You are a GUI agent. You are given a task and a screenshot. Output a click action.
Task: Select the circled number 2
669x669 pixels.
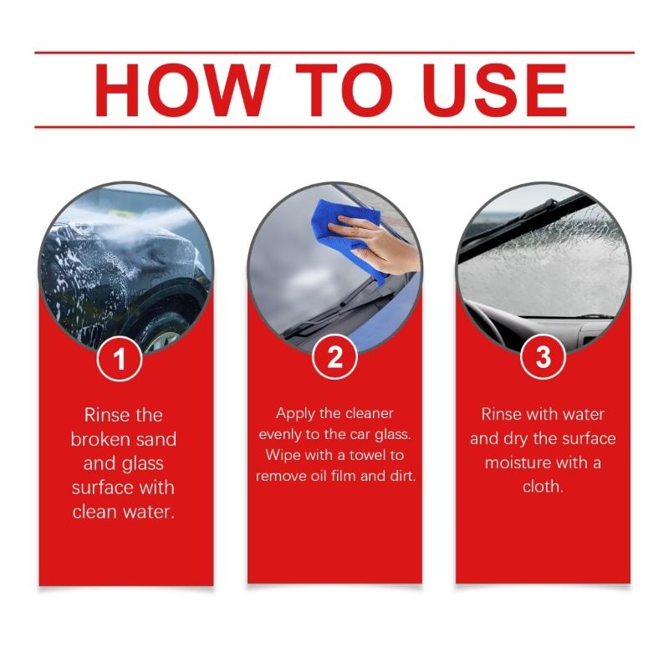click(334, 360)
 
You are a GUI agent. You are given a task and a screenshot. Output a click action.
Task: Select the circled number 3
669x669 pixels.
click(543, 360)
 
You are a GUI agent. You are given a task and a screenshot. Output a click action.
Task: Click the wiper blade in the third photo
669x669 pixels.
click(510, 222)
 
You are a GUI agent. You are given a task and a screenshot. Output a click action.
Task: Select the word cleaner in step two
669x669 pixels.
click(370, 414)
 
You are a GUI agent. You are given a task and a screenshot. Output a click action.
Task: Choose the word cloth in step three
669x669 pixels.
click(543, 486)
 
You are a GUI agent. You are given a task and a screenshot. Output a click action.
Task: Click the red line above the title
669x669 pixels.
click(334, 53)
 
